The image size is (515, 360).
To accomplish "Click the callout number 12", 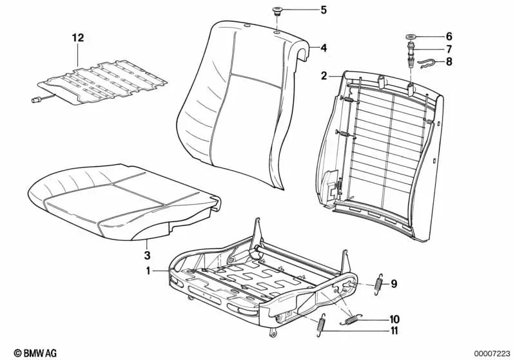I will (77, 39).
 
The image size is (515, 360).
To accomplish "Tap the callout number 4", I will (324, 48).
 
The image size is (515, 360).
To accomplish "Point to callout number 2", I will (324, 76).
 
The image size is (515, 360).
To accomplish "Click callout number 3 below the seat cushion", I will (147, 245).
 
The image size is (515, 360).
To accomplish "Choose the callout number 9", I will (394, 283).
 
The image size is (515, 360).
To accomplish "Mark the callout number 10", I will (394, 319).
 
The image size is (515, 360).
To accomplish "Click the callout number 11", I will (394, 331).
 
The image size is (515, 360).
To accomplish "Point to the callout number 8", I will (449, 62).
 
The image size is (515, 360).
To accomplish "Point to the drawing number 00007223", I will (492, 352).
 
